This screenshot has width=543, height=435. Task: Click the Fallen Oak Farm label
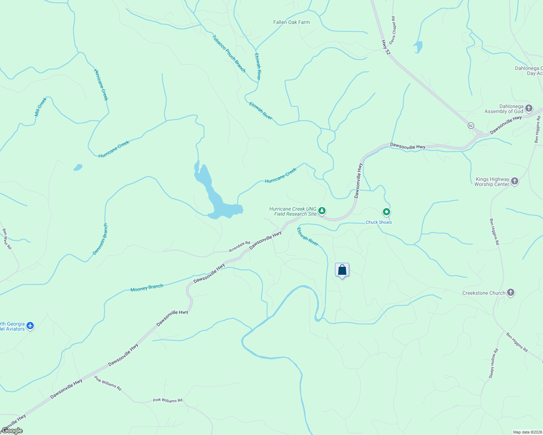tap(291, 22)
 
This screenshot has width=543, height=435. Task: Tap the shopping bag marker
tap(342, 270)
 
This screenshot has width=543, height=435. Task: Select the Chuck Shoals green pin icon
tap(387, 212)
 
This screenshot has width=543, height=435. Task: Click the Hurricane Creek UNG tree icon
tap(322, 211)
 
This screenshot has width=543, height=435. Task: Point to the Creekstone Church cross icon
tap(511, 293)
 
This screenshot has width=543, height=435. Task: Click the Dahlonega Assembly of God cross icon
tap(529, 108)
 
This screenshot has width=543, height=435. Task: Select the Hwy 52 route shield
tap(471, 125)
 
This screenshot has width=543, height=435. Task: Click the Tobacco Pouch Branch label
tap(229, 54)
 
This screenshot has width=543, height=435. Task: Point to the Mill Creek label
tap(41, 107)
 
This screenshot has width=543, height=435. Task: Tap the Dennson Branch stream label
tap(100, 239)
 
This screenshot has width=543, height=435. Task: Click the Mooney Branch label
tap(147, 288)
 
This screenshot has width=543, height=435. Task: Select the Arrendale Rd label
tap(239, 247)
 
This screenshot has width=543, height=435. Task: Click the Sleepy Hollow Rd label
tap(493, 364)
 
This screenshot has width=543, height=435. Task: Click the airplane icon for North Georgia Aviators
tap(30, 326)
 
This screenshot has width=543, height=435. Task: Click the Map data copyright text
tap(527, 432)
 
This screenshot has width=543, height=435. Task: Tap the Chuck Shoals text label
tap(379, 222)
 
